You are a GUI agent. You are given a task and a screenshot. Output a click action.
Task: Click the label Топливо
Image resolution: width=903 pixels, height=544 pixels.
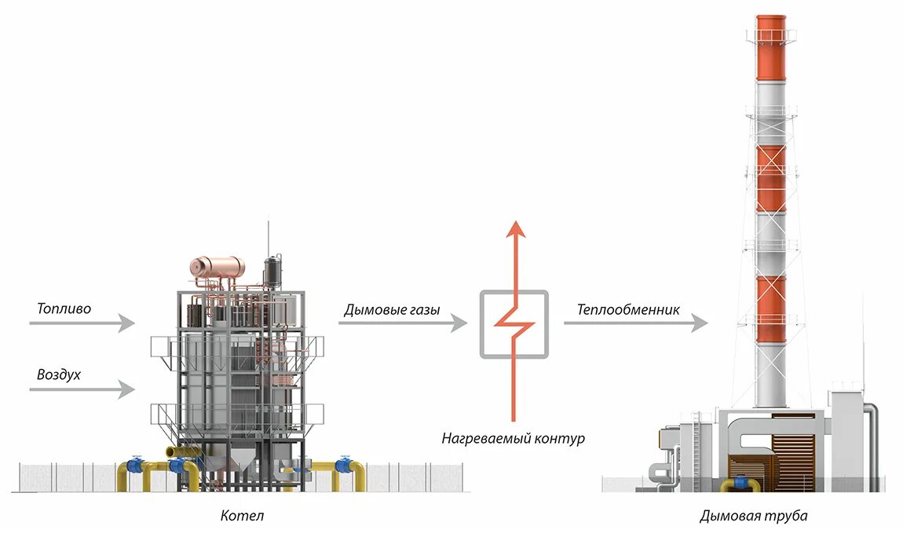click(x=64, y=309)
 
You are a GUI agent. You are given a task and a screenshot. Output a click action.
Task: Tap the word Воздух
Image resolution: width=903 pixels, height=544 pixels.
click(x=59, y=374)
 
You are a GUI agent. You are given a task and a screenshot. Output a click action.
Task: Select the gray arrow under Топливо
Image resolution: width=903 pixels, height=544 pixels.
click(x=86, y=323)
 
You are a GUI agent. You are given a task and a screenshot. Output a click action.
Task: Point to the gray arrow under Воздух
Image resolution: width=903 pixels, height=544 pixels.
click(x=86, y=388)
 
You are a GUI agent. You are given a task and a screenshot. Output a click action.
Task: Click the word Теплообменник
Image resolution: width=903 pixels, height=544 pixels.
click(x=628, y=309)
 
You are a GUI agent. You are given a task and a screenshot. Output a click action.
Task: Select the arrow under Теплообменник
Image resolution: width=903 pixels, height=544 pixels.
click(x=634, y=323)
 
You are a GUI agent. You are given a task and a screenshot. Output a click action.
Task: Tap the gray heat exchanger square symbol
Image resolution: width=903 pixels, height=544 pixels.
click(x=514, y=324)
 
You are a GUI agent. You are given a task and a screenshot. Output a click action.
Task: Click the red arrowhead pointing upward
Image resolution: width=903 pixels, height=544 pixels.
click(x=514, y=229)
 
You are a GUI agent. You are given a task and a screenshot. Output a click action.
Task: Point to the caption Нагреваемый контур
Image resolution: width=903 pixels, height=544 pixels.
click(x=513, y=439)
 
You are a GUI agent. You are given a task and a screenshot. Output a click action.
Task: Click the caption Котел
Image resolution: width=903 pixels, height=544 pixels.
click(x=242, y=516)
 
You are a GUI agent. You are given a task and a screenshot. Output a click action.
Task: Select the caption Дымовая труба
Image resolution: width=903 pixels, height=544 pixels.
click(x=753, y=516)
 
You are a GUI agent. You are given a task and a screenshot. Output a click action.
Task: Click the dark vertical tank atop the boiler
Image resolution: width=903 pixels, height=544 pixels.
click(x=272, y=271)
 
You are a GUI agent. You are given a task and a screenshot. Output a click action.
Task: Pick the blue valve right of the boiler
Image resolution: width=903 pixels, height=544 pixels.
click(x=342, y=466)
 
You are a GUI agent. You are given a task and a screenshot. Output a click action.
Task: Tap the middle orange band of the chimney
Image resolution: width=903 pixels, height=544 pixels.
click(x=770, y=178)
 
